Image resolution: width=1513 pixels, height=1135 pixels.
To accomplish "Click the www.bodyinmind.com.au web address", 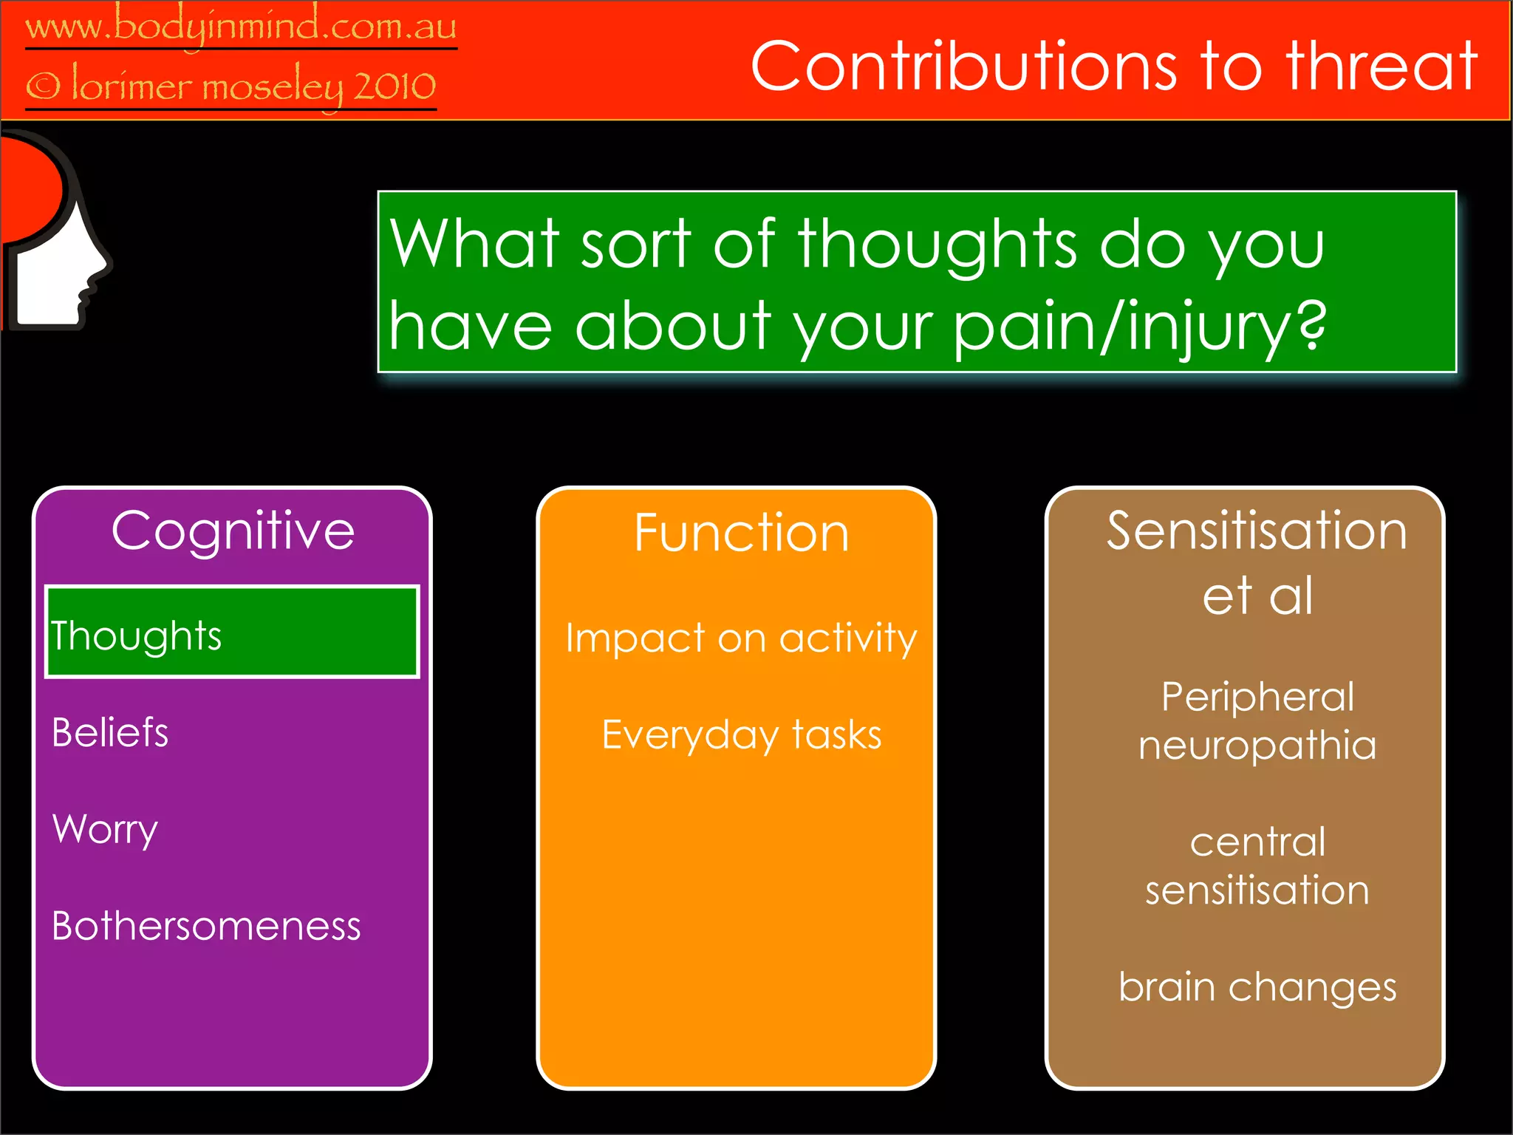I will [241, 28].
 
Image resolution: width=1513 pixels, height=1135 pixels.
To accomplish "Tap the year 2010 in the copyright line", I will [395, 87].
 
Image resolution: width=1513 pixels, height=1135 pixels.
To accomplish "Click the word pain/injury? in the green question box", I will [1139, 327].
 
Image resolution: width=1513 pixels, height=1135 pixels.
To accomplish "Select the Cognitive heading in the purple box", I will [233, 531].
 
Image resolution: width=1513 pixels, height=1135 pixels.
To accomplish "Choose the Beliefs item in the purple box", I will [110, 732].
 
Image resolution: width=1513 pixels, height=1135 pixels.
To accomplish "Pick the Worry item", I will [105, 829].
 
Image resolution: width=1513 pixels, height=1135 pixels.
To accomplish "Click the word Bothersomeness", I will [206, 926].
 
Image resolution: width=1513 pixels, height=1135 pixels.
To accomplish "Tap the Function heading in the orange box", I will [741, 533].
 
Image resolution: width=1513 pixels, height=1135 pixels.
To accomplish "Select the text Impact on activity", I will [741, 638].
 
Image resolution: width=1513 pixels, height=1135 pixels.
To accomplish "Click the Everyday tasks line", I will [741, 735].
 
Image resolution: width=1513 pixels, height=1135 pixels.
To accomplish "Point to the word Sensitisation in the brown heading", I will [1256, 531].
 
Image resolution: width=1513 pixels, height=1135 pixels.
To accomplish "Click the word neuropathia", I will [1257, 746].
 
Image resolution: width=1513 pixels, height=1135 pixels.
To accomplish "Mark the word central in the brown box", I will [1257, 842].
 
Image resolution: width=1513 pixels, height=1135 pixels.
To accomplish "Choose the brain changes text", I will [1257, 987].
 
